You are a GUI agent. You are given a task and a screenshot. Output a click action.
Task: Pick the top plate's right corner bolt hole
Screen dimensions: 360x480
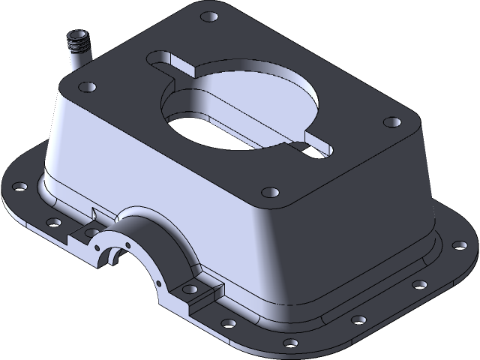[389, 121]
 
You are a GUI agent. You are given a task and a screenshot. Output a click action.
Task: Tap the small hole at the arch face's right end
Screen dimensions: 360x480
[160, 283]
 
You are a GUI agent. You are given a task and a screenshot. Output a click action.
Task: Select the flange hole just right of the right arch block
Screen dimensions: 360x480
[229, 323]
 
